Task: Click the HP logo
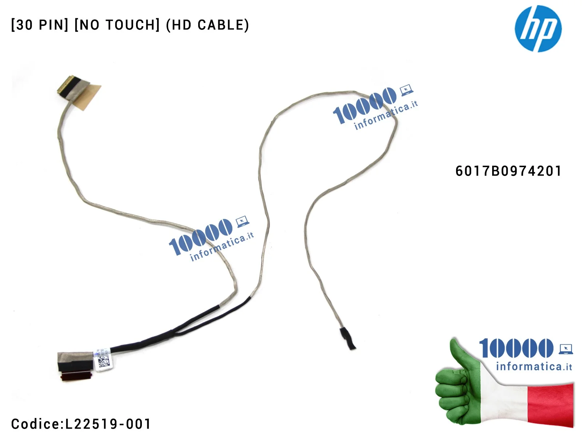pos(538,28)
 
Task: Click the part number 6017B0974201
pos(508,171)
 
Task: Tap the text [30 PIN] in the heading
pos(39,25)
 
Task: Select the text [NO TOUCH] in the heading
pos(117,25)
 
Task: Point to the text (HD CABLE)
pos(207,25)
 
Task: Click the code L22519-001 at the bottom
pos(108,424)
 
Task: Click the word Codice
pos(35,424)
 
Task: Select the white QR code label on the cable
pos(103,359)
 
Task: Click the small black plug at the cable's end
pos(347,338)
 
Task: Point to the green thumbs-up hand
pos(460,386)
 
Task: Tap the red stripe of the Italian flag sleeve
pos(551,404)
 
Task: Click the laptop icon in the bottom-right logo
pos(566,349)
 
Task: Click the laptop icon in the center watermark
pos(242,221)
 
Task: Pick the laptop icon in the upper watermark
pos(406,90)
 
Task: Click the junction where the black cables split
pos(174,331)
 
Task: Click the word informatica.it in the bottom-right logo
pos(534,366)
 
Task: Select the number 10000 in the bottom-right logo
pos(516,348)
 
